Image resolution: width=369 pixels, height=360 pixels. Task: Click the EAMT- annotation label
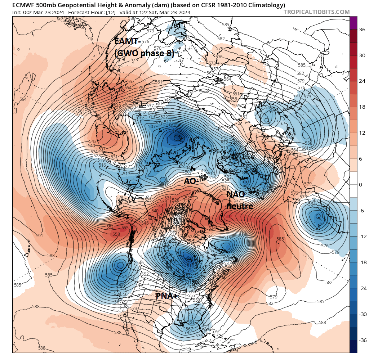[127, 41]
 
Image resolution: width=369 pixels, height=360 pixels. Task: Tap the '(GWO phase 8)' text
[144, 54]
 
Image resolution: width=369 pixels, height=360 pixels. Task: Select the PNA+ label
[166, 296]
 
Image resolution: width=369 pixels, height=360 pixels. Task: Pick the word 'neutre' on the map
[239, 206]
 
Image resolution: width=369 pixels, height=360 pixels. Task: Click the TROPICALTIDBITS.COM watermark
[316, 12]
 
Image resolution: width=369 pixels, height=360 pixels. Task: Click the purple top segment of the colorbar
[354, 23]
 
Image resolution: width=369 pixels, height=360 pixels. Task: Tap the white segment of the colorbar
[354, 185]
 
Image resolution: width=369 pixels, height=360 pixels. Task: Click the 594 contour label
[23, 99]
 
